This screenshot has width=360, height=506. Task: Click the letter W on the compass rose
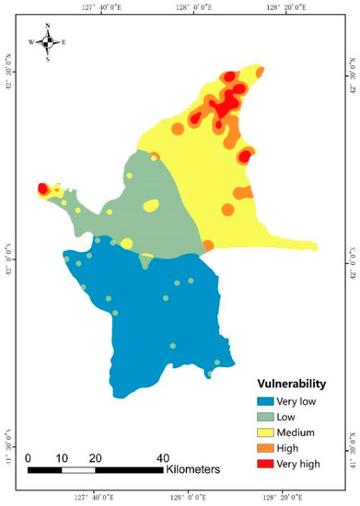click(31, 42)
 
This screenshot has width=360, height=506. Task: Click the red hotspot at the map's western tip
click(42, 189)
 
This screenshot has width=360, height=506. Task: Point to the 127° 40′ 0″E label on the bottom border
click(97, 499)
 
